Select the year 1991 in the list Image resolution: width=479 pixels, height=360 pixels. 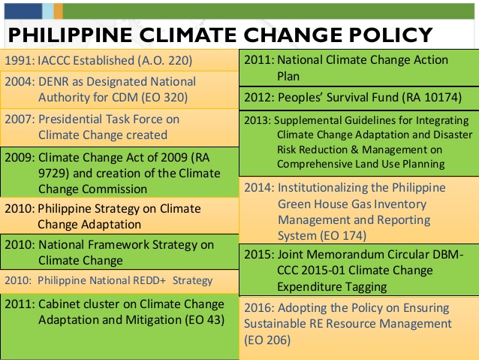pyautogui.click(x=18, y=60)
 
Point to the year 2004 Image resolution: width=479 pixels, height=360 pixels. pyautogui.click(x=19, y=81)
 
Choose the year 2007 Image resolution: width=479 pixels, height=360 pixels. pyautogui.click(x=19, y=119)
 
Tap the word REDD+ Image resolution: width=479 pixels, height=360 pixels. pyautogui.click(x=151, y=280)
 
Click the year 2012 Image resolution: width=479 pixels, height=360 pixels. pyautogui.click(x=258, y=97)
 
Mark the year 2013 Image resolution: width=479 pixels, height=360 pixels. pyautogui.click(x=256, y=120)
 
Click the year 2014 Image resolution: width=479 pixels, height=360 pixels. pyautogui.click(x=258, y=188)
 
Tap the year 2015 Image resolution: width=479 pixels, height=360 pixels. pyautogui.click(x=258, y=255)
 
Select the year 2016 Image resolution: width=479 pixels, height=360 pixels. pyautogui.click(x=258, y=308)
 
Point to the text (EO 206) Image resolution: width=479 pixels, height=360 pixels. pyautogui.click(x=267, y=340)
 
